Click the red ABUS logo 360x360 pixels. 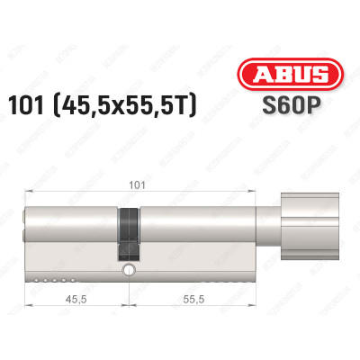click(286, 75)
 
